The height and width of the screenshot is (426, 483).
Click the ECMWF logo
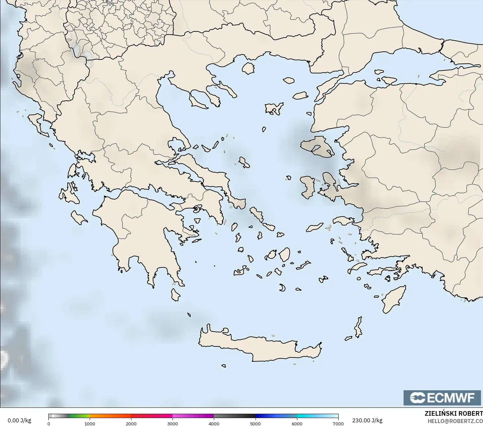[442, 398]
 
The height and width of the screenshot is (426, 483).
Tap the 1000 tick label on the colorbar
[90, 423]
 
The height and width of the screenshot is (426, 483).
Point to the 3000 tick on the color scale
[172, 423]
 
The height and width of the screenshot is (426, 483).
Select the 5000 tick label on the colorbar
[255, 423]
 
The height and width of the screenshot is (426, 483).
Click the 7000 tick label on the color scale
[338, 423]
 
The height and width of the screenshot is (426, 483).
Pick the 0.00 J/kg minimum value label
[19, 420]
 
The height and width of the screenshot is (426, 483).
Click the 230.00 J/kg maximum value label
[367, 420]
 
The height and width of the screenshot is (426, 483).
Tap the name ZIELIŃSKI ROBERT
[454, 413]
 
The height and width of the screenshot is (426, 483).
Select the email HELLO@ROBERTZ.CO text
[455, 421]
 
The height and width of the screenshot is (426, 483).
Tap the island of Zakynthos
[79, 218]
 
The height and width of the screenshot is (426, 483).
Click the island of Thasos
[248, 68]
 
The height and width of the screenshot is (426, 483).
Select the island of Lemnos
[274, 108]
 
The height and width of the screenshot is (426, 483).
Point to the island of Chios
[308, 187]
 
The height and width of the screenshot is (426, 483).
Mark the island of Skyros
[244, 163]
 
